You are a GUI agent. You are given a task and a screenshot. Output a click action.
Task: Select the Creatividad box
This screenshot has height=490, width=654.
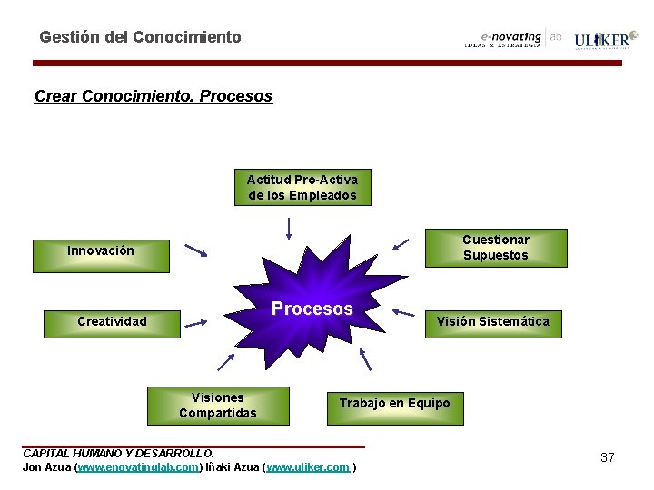112,321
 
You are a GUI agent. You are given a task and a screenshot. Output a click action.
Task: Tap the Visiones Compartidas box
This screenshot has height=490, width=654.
218,405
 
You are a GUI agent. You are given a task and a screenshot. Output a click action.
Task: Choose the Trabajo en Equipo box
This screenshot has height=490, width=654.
394,403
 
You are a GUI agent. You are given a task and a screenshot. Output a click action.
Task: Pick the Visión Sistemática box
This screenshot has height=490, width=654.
492,321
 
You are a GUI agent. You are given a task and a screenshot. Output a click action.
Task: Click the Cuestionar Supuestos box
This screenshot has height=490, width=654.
495,247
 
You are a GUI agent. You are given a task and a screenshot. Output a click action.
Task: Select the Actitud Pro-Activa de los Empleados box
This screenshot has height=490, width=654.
302,188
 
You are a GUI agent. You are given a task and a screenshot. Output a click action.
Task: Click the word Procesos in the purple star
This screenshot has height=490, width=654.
312,309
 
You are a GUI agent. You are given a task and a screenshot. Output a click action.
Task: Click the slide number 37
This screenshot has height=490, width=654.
608,457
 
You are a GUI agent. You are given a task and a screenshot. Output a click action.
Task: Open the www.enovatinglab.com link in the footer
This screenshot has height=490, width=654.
138,467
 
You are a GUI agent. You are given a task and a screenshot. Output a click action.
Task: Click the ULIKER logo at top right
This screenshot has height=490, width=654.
601,40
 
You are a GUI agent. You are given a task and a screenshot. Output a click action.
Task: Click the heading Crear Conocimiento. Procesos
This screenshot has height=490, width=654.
153,95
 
